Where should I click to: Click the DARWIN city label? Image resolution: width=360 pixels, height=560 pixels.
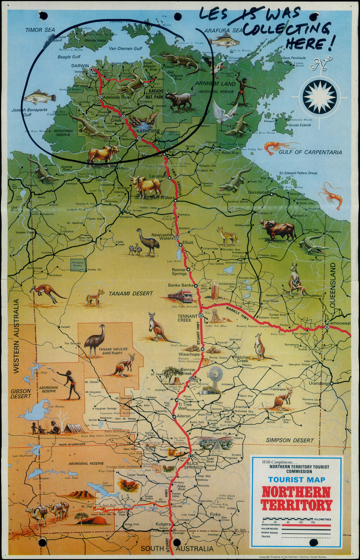click(x=80, y=66)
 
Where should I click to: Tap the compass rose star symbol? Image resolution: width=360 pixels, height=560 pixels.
click(x=319, y=97)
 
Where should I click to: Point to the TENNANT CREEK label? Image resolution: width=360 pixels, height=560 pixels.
click(x=188, y=318)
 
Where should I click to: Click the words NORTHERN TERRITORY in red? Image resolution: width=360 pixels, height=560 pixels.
click(x=296, y=498)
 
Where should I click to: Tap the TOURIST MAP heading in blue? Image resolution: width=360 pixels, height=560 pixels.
click(x=296, y=480)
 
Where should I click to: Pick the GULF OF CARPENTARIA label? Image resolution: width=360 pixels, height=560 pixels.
click(x=310, y=152)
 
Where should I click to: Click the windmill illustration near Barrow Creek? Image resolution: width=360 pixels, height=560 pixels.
click(x=215, y=376)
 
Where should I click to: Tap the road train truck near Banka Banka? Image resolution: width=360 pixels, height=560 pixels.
click(x=181, y=296)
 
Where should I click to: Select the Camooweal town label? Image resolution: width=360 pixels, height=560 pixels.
click(x=339, y=323)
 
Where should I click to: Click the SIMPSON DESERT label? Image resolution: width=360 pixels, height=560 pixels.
click(x=289, y=440)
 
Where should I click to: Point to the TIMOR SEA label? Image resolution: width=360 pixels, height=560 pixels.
click(x=39, y=30)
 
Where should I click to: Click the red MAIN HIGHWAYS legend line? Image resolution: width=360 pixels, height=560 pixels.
click(x=306, y=525)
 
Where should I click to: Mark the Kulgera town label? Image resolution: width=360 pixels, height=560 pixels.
click(x=163, y=524)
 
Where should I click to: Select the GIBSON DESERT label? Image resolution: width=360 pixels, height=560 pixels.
click(x=21, y=394)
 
